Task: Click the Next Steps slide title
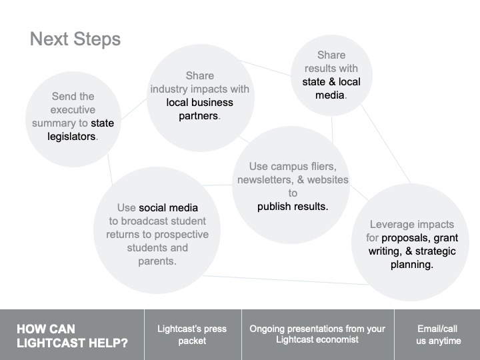click(75, 39)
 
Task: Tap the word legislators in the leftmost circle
click(71, 137)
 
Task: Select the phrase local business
click(199, 102)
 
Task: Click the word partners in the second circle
click(199, 116)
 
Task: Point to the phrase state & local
click(331, 82)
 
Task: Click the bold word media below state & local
click(330, 95)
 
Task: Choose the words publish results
click(293, 207)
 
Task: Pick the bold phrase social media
click(168, 208)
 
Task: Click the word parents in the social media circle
click(156, 261)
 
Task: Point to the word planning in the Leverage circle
click(411, 265)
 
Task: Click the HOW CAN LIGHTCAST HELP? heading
click(72, 336)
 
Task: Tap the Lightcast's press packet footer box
click(193, 335)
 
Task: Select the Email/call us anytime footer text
click(438, 335)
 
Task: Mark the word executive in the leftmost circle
click(73, 109)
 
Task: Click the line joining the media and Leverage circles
click(386, 144)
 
